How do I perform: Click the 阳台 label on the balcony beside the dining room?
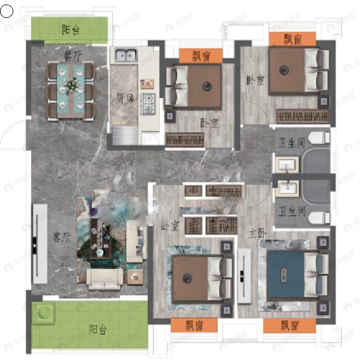pos(70,31)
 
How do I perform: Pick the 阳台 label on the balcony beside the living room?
pos(98,330)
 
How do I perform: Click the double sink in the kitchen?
pos(126,56)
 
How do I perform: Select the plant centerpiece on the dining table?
pos(72,85)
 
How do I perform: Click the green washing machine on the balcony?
pos(42,313)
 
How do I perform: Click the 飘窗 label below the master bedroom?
pos(290,326)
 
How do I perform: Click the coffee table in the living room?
pos(103,238)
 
